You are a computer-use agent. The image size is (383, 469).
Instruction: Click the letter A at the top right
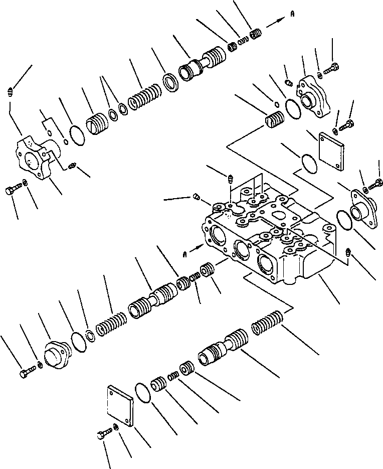click(x=292, y=16)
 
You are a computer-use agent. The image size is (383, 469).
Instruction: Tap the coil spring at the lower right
click(x=268, y=323)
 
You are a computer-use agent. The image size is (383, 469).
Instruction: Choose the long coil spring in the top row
click(x=145, y=97)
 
